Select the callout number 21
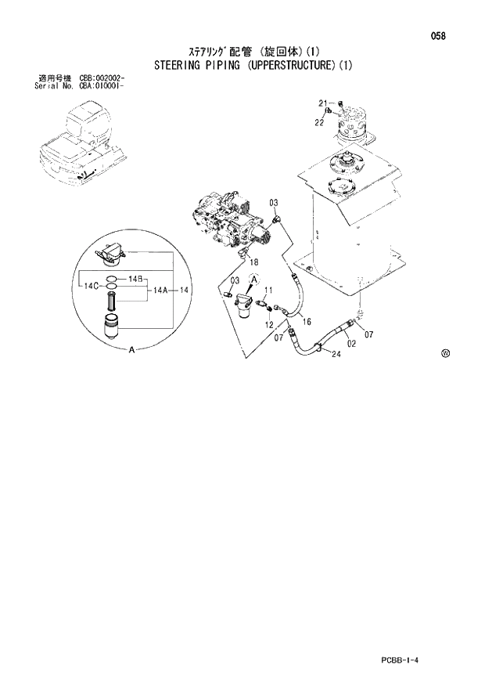click(x=322, y=103)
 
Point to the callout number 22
click(x=319, y=122)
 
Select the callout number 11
click(x=268, y=291)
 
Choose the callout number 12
click(x=268, y=324)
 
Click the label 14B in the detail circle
click(x=135, y=279)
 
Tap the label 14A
click(x=161, y=290)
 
